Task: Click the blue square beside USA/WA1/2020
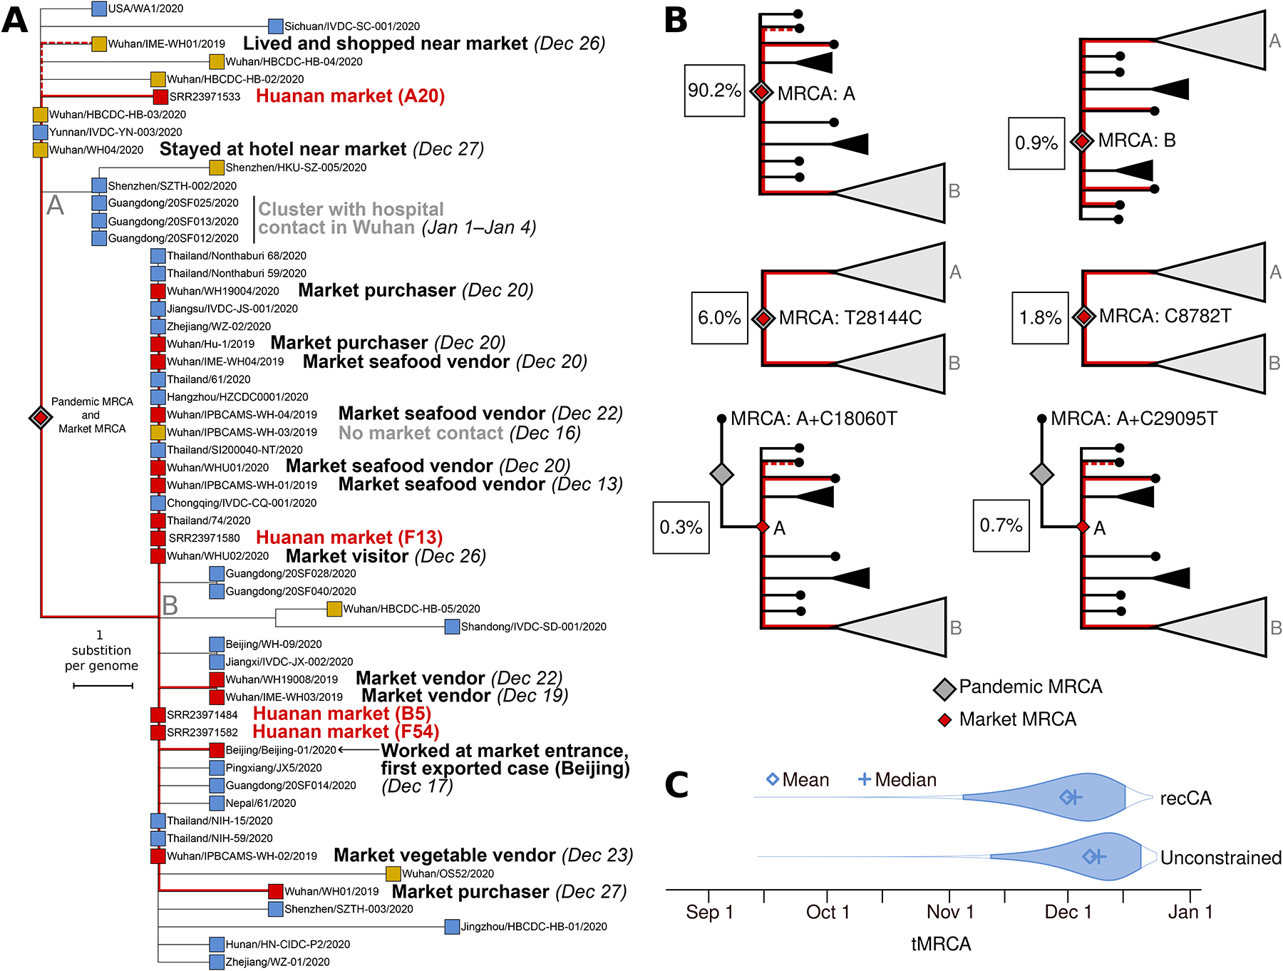100,9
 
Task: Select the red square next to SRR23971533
160,96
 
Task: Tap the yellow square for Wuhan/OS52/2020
393,873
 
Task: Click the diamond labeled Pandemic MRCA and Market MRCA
41,417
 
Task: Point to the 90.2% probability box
714,91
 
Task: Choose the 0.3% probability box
681,528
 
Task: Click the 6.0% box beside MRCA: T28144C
719,318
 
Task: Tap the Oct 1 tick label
828,913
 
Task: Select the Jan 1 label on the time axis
1190,913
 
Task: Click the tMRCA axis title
941,944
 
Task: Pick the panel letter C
676,785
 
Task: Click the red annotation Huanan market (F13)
349,538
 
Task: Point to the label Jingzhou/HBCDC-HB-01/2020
534,927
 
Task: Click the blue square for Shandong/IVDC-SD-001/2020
452,627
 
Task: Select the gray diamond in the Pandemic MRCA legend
944,689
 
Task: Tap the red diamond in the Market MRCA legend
944,720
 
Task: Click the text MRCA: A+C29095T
1134,418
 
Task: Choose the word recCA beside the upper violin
1185,798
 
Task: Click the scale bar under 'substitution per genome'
103,686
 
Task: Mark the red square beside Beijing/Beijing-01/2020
217,750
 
